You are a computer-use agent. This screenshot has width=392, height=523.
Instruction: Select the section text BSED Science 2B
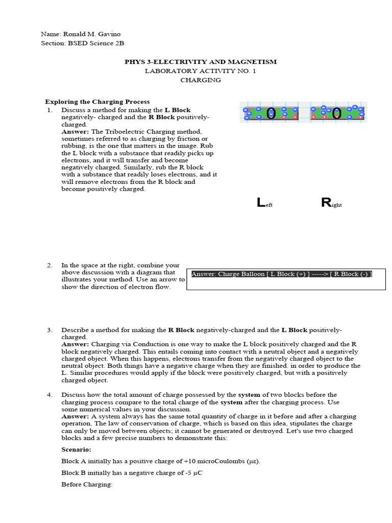click(x=96, y=43)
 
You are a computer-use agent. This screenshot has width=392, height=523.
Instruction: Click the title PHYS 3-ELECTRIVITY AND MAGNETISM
click(x=201, y=62)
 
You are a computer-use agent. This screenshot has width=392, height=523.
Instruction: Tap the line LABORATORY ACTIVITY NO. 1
click(x=201, y=71)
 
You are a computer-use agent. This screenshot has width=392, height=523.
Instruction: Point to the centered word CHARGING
click(x=201, y=80)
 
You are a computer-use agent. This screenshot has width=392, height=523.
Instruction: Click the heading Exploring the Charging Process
click(x=97, y=102)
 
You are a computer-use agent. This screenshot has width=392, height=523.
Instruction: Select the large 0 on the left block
click(x=271, y=113)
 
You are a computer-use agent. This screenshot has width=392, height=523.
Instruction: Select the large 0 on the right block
click(x=336, y=113)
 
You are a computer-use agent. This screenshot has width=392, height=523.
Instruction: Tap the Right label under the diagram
click(x=331, y=203)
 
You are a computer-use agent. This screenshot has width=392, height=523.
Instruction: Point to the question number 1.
click(x=49, y=110)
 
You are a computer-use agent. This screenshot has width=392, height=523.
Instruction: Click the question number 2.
click(x=50, y=265)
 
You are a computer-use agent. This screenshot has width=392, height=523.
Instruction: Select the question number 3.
click(x=50, y=330)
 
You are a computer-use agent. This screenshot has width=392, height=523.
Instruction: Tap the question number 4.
click(x=50, y=395)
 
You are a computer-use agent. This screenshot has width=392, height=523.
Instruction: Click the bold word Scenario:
click(x=76, y=449)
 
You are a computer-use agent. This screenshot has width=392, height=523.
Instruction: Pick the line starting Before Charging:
click(x=86, y=484)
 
